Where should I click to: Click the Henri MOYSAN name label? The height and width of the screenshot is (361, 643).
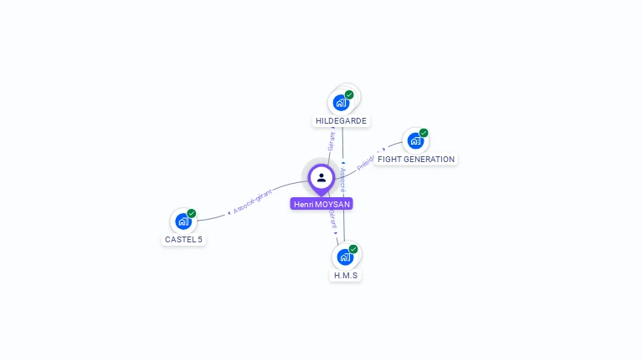click(x=321, y=204)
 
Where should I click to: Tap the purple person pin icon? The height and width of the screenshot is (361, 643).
click(x=321, y=177)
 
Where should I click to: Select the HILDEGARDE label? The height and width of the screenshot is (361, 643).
click(x=341, y=121)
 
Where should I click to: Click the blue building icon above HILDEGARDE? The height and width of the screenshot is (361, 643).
click(x=340, y=103)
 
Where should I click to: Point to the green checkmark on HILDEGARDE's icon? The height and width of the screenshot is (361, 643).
click(x=349, y=94)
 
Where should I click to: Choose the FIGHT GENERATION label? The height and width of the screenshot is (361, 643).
click(x=416, y=160)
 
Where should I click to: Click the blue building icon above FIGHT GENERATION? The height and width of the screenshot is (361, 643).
click(x=415, y=141)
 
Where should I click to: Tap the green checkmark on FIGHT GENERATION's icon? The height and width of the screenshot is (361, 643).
click(x=424, y=133)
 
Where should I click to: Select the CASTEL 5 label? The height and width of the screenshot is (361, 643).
click(x=183, y=240)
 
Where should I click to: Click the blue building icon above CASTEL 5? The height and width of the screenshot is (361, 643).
click(x=183, y=221)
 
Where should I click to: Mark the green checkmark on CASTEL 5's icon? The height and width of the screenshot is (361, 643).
click(x=192, y=213)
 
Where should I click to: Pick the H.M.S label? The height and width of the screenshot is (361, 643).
click(x=346, y=275)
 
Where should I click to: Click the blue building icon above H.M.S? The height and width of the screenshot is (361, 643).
click(x=344, y=257)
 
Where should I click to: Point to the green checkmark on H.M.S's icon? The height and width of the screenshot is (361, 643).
click(x=353, y=249)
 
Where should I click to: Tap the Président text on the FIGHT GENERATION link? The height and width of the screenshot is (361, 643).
click(x=368, y=160)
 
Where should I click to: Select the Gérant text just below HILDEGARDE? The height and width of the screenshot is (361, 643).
click(x=332, y=141)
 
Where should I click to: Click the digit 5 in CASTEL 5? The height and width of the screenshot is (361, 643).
click(x=200, y=240)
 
